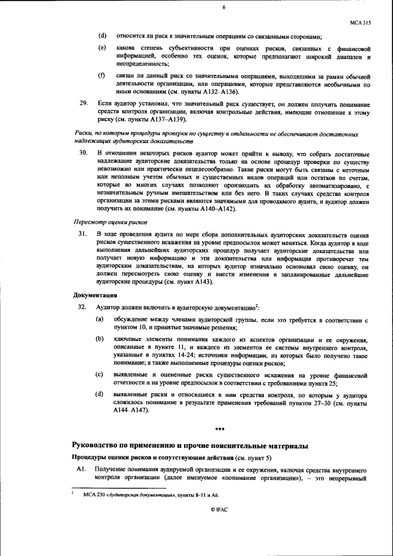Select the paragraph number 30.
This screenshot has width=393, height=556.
82,152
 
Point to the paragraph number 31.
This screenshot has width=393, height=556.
82,234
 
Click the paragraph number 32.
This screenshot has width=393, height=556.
82,307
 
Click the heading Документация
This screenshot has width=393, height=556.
92,295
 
